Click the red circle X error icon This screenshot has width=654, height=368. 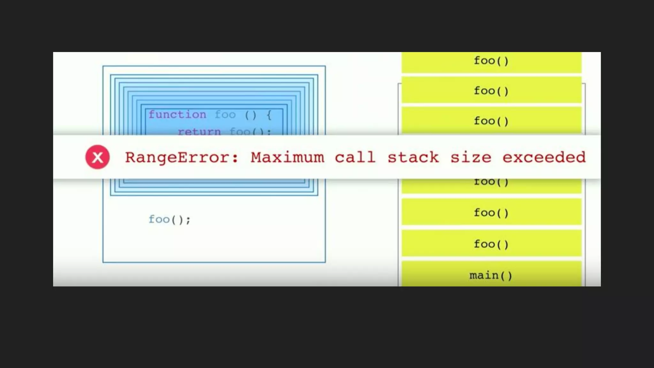[97, 157]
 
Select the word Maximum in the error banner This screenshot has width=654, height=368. [287, 157]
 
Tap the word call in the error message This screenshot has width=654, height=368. [355, 157]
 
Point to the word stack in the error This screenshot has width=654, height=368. [413, 157]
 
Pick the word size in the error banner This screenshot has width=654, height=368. [471, 157]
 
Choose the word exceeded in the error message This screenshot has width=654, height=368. [544, 157]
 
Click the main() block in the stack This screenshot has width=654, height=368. [491, 275]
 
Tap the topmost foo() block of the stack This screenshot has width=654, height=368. [491, 61]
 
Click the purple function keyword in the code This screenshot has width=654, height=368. [177, 114]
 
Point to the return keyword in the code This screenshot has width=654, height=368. [199, 131]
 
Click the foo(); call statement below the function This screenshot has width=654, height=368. [169, 219]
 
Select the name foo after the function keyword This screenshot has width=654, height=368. [225, 114]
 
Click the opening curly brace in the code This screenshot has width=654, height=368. [269, 115]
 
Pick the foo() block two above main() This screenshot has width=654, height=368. [491, 213]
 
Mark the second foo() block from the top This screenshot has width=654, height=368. [491, 91]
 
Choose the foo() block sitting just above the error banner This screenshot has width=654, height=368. [491, 121]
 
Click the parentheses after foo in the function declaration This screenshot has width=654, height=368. [251, 115]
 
